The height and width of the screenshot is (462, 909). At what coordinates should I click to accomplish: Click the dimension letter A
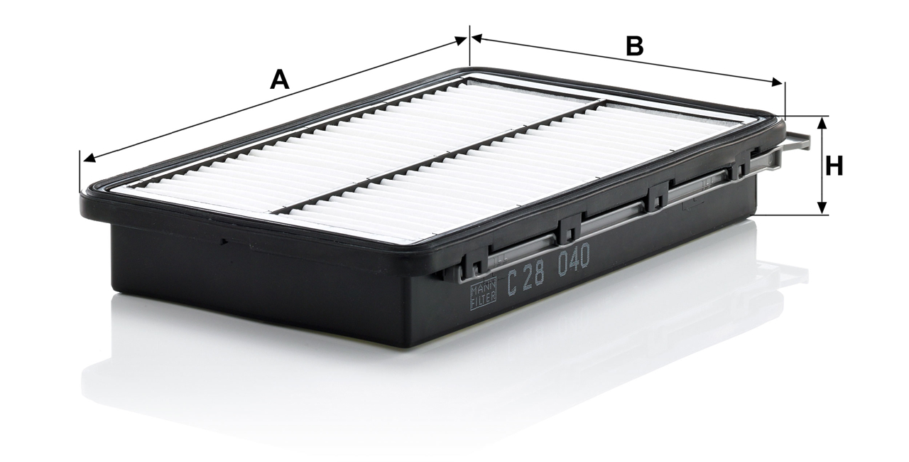pyautogui.click(x=280, y=80)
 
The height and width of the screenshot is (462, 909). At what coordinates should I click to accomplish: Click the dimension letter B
pyautogui.click(x=635, y=46)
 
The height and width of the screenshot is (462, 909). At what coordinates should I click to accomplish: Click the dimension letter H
pyautogui.click(x=834, y=166)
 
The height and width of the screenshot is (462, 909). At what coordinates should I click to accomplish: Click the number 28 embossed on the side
pyautogui.click(x=533, y=275)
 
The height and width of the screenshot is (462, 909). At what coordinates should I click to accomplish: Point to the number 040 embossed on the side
pyautogui.click(x=573, y=259)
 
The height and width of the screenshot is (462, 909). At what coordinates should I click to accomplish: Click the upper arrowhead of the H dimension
pyautogui.click(x=822, y=122)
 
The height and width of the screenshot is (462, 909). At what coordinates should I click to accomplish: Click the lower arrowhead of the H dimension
pyautogui.click(x=822, y=208)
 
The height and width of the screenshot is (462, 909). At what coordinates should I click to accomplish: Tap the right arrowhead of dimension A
pyautogui.click(x=460, y=41)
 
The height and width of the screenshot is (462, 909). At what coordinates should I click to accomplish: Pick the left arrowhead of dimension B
pyautogui.click(x=477, y=39)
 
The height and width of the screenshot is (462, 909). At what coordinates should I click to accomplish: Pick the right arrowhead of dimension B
pyautogui.click(x=777, y=83)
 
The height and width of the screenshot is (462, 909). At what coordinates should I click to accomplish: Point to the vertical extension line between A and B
pyautogui.click(x=469, y=45)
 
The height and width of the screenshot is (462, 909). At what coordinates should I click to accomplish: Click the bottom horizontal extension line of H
pyautogui.click(x=792, y=215)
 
